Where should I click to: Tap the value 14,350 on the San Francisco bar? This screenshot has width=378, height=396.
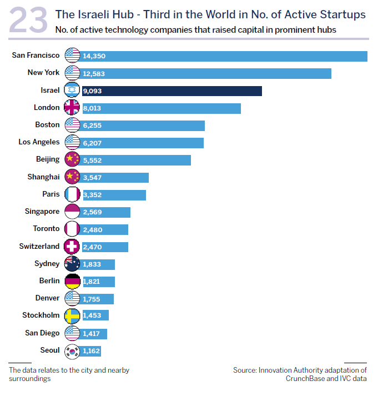(94, 56)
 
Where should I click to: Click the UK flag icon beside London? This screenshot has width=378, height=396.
(73, 108)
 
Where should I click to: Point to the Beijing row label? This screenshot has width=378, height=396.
(48, 159)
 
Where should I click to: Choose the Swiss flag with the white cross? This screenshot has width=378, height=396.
(73, 246)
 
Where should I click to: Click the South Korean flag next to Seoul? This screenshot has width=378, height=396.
(73, 350)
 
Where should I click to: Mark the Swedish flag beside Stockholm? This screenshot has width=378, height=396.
(73, 315)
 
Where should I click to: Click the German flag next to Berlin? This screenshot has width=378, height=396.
(73, 281)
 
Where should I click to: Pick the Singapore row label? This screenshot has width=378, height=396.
(42, 212)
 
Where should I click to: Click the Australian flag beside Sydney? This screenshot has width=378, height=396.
(73, 264)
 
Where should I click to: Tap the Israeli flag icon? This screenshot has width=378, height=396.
(73, 91)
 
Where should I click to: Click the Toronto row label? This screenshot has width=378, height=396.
(46, 229)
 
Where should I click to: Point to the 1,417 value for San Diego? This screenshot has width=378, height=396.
(92, 334)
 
